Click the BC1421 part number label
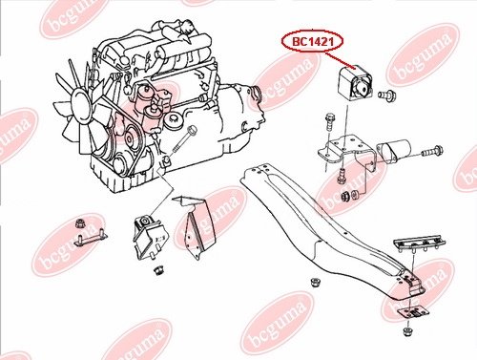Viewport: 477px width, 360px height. click(x=312, y=41)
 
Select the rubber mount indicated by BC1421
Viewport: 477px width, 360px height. click(x=356, y=84)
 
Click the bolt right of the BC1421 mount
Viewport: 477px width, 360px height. click(x=386, y=95)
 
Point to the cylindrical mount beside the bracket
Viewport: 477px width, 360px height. click(x=393, y=151)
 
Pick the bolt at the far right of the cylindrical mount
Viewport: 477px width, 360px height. click(x=433, y=151)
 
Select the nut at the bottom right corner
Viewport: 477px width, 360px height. click(x=407, y=331)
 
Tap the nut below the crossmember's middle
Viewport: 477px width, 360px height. click(x=315, y=283)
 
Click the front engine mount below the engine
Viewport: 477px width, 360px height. click(x=151, y=238)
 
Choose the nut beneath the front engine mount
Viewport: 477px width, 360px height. click(x=158, y=270)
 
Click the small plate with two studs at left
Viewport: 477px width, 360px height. click(x=91, y=238)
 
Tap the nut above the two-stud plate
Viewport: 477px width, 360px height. click(x=80, y=223)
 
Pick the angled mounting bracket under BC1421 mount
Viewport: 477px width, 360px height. click(x=347, y=154)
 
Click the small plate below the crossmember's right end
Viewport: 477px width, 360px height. click(x=413, y=312)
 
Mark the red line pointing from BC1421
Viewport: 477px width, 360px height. click(x=341, y=60)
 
